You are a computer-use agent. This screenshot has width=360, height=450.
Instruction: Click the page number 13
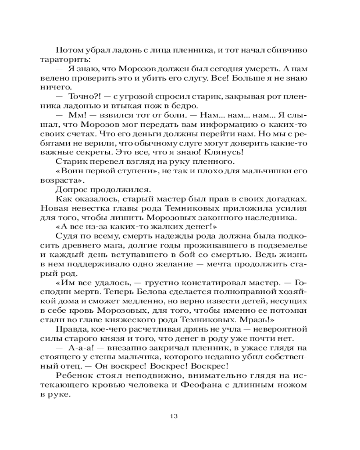click(180, 414)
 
